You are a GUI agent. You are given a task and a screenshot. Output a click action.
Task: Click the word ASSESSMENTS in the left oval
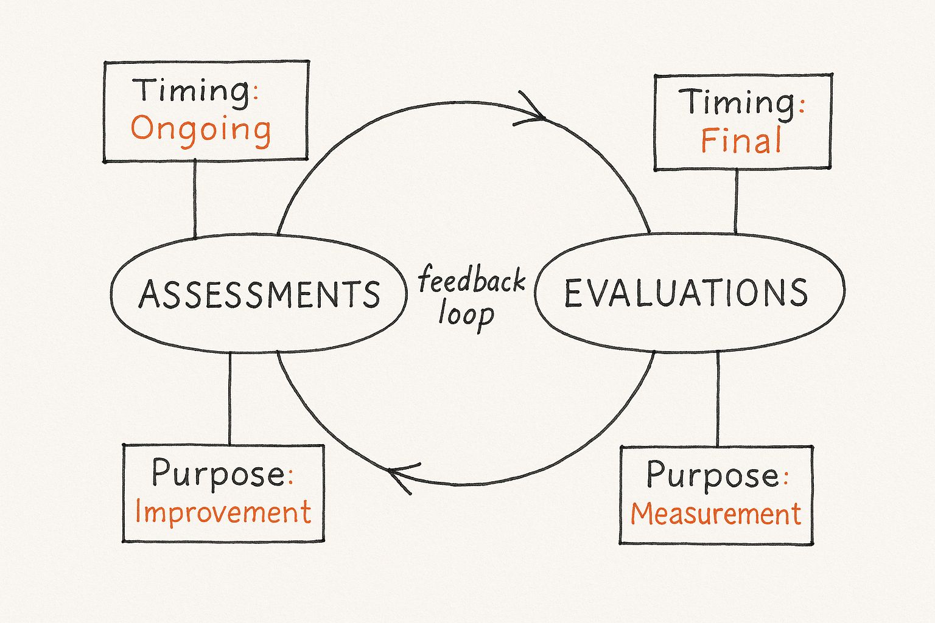pyautogui.click(x=259, y=294)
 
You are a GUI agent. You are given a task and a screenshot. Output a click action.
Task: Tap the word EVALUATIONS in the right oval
pyautogui.click(x=686, y=293)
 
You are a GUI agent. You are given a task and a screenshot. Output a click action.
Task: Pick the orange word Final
pyautogui.click(x=741, y=141)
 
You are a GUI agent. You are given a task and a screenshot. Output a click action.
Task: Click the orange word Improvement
pyautogui.click(x=223, y=512)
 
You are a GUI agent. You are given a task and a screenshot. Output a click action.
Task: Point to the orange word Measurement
pyautogui.click(x=715, y=514)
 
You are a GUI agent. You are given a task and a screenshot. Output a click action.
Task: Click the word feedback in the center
pyautogui.click(x=472, y=281)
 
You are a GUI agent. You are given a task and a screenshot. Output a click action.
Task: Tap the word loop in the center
pyautogui.click(x=466, y=315)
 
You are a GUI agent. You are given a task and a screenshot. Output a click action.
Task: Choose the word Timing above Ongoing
pyautogui.click(x=191, y=91)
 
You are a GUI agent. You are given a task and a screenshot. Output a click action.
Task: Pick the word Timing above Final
pyautogui.click(x=737, y=102)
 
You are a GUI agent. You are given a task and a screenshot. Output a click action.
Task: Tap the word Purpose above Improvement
pyautogui.click(x=217, y=473)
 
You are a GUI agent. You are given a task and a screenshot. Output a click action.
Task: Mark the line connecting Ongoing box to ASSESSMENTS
pyautogui.click(x=195, y=198)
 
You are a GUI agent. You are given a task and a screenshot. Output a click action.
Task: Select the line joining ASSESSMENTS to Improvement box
pyautogui.click(x=229, y=399)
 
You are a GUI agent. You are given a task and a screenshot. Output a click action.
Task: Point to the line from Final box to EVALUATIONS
pyautogui.click(x=736, y=201)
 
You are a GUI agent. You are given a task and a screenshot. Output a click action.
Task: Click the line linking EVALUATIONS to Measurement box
pyautogui.click(x=718, y=399)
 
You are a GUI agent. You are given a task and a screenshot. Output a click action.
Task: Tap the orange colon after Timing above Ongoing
pyautogui.click(x=256, y=92)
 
